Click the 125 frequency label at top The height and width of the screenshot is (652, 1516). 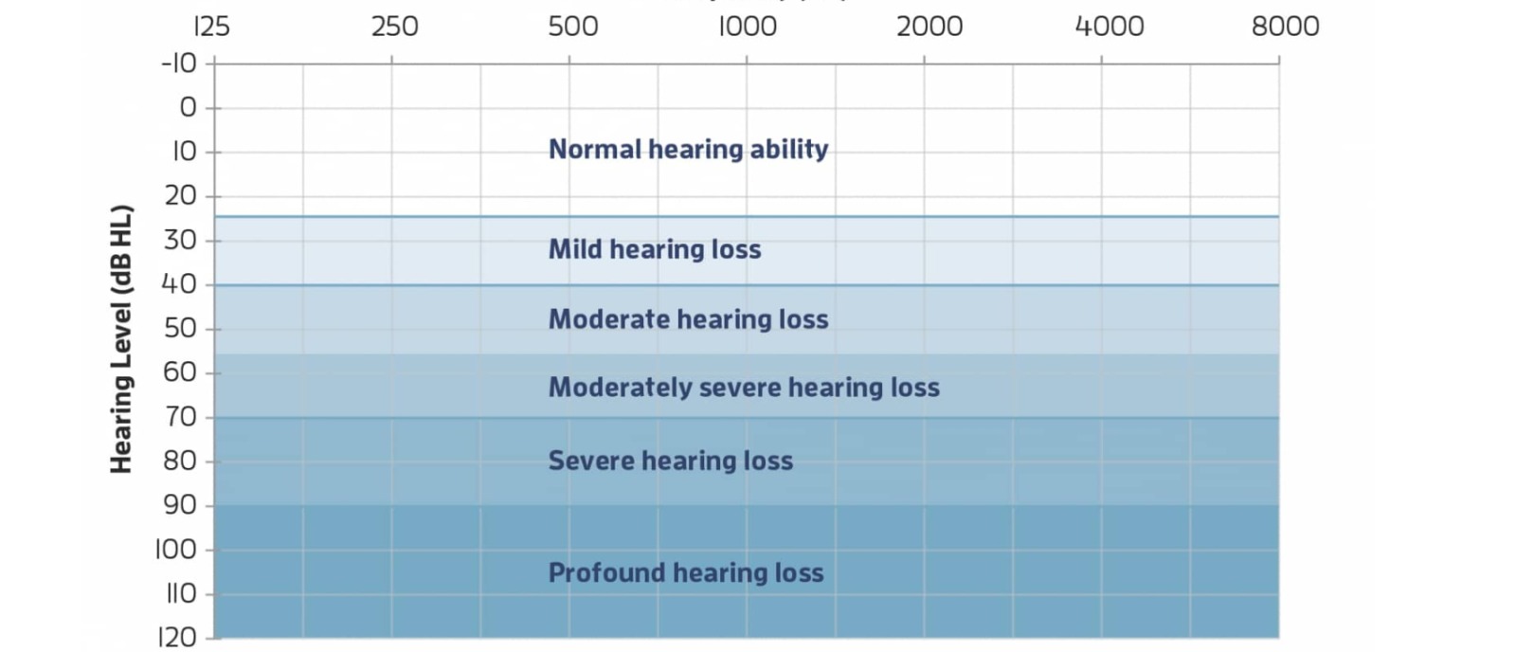pos(211,26)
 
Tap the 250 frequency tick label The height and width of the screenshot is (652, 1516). pos(394,26)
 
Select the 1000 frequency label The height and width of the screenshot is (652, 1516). pos(747,26)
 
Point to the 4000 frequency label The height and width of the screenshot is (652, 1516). pos(1109,26)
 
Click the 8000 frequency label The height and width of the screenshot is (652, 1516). pos(1285,26)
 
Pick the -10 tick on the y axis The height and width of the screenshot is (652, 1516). pos(179,63)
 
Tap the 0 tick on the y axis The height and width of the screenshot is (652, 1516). pos(188,107)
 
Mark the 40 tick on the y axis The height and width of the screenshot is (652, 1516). pos(179,283)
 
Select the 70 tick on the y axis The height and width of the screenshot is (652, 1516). pos(180,416)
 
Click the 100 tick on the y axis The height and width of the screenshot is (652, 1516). pos(175,549)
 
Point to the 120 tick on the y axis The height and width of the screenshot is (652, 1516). pos(176,637)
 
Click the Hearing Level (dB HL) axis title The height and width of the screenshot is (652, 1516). pos(120,338)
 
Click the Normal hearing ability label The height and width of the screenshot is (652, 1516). pos(688,149)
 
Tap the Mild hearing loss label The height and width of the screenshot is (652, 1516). pos(654,249)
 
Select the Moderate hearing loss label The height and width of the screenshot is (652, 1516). pos(688,319)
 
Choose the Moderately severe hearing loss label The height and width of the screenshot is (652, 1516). pos(744,388)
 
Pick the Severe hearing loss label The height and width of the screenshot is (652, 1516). pos(670,461)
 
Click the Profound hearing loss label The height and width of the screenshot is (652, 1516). pos(686,572)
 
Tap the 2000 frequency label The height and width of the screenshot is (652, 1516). pos(929,26)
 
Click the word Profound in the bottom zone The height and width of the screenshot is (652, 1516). pos(606,572)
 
